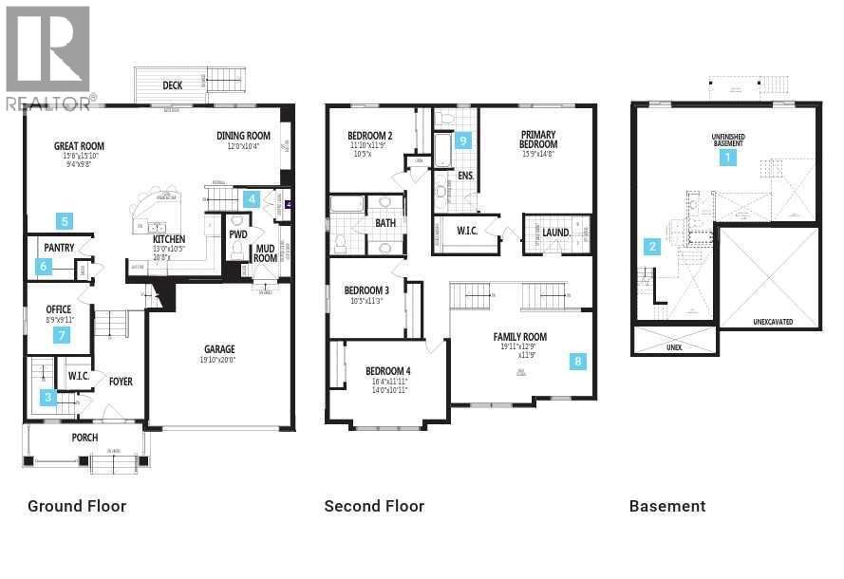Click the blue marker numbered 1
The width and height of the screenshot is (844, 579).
click(728, 158)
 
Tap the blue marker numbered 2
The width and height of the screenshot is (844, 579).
click(652, 247)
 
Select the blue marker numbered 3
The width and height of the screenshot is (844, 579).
click(47, 399)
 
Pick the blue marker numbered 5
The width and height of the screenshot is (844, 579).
click(64, 221)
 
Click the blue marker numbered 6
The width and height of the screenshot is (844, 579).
click(44, 267)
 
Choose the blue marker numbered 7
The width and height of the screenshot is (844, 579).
click(63, 335)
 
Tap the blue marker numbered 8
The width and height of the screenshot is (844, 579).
click(578, 361)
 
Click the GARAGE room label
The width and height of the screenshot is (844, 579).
click(219, 349)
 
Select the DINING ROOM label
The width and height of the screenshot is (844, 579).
click(243, 136)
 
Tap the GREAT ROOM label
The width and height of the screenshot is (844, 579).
click(79, 146)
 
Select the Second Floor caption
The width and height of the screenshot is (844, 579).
click(374, 506)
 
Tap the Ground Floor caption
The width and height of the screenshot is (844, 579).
click(77, 506)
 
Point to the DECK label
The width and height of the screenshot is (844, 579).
click(172, 85)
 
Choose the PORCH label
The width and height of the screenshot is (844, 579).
click(84, 438)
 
